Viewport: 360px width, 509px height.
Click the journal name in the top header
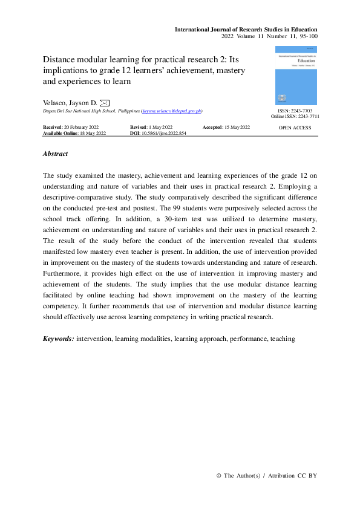pos(246,30)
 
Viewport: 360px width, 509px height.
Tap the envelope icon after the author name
pos(104,103)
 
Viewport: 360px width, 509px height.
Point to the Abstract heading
pos(55,154)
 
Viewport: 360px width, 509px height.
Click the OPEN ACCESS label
pos(295,128)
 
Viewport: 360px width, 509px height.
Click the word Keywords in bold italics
pos(59,339)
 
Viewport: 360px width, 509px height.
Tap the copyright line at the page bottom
pos(266,476)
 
